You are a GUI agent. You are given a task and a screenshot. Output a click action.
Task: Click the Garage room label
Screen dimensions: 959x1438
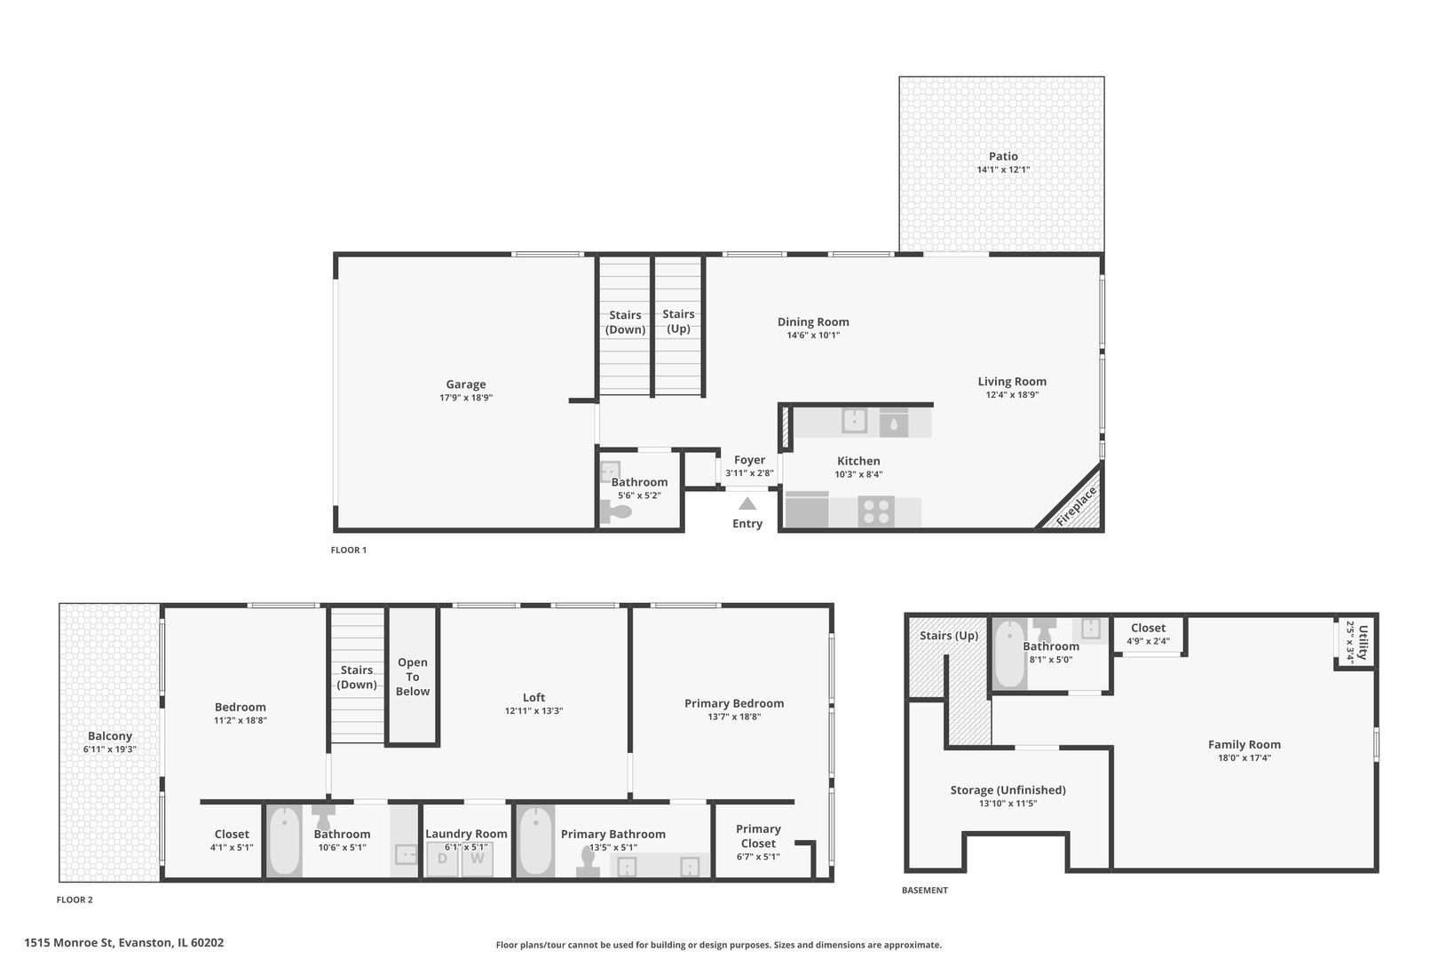(465, 384)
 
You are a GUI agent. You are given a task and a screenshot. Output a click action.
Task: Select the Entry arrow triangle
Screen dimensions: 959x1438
(747, 503)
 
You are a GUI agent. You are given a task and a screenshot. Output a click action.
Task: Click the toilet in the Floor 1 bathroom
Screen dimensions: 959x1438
(616, 511)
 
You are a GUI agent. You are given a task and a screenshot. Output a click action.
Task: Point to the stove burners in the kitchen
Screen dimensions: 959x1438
(876, 511)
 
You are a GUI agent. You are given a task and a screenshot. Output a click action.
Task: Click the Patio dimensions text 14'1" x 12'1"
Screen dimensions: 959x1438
(1003, 170)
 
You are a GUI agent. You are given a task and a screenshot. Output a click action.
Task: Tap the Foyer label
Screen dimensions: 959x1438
(749, 460)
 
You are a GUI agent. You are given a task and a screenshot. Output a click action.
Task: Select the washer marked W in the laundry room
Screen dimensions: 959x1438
(477, 859)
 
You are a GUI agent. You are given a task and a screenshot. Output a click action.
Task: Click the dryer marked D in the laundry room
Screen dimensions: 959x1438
(442, 859)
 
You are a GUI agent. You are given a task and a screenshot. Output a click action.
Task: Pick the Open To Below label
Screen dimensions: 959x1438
(413, 677)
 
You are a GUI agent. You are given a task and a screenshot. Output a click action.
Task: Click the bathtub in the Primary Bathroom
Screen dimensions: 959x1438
(536, 840)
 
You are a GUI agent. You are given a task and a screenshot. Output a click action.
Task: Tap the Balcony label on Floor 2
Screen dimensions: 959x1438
(110, 736)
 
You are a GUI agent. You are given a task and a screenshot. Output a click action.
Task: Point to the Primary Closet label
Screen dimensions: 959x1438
(758, 836)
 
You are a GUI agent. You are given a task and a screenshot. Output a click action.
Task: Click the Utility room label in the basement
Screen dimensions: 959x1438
(1363, 641)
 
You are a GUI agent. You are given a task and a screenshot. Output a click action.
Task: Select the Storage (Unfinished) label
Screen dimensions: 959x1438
(1007, 789)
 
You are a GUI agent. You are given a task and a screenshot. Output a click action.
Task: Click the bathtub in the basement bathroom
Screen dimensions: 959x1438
(1009, 655)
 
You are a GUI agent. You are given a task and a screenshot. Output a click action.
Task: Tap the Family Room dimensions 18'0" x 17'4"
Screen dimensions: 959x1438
(1244, 758)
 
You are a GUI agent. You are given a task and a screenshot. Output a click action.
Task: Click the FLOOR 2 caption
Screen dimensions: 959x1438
(75, 900)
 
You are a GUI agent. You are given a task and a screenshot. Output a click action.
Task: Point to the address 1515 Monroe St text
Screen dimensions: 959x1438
(124, 943)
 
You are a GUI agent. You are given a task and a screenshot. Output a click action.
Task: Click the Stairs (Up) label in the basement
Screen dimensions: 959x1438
(949, 636)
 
